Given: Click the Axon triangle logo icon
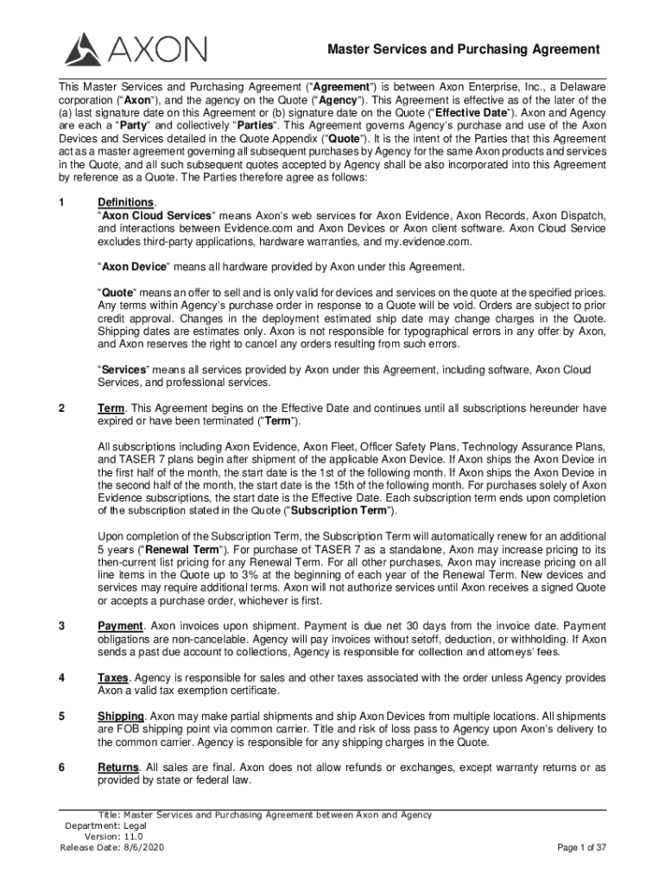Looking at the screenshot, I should tap(83, 49).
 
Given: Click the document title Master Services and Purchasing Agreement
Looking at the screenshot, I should tap(463, 50).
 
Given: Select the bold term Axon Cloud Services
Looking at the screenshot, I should tap(156, 215).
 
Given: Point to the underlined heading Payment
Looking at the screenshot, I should tap(119, 626).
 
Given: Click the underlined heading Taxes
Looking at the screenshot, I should tap(113, 678).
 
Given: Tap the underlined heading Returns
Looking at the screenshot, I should tap(117, 767).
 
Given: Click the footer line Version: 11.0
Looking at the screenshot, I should tap(113, 837).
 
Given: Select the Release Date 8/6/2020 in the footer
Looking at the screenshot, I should tap(112, 848).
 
